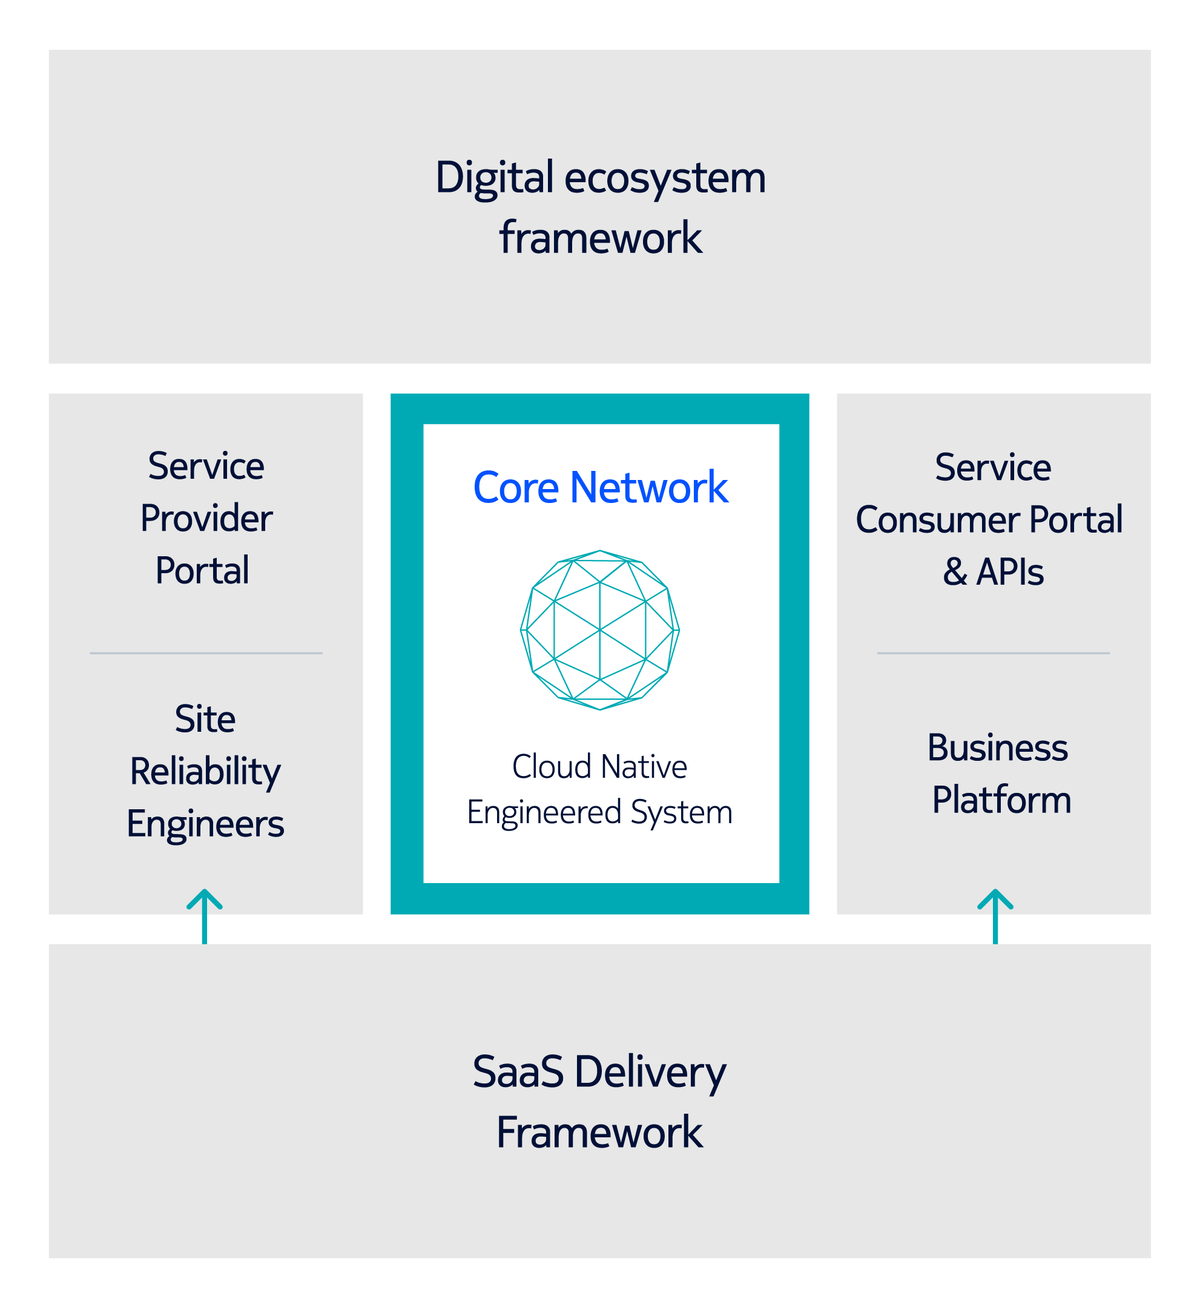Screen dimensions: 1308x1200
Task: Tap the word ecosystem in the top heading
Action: pyautogui.click(x=665, y=178)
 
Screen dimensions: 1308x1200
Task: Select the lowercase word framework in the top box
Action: pyautogui.click(x=600, y=238)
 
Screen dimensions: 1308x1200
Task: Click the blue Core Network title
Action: pyautogui.click(x=600, y=487)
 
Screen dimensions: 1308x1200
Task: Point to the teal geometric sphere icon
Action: pyautogui.click(x=600, y=629)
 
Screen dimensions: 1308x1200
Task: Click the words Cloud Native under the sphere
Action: pyautogui.click(x=599, y=767)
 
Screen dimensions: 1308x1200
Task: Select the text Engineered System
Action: pyautogui.click(x=599, y=812)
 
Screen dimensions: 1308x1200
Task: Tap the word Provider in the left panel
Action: pyautogui.click(x=206, y=519)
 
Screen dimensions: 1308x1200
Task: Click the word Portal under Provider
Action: pyautogui.click(x=202, y=571)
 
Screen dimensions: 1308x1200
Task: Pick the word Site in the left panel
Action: pyautogui.click(x=205, y=719)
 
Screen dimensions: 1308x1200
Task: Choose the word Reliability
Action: pyautogui.click(x=205, y=772)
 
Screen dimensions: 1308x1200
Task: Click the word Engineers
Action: pyautogui.click(x=205, y=824)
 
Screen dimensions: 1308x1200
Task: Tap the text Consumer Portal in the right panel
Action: pyautogui.click(x=989, y=520)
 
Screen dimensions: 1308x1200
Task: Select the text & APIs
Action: pyautogui.click(x=993, y=572)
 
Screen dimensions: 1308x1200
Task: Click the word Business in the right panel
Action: pyautogui.click(x=997, y=748)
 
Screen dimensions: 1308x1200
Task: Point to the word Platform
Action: pyautogui.click(x=1001, y=800)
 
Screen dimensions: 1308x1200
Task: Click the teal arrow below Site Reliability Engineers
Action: pyautogui.click(x=205, y=916)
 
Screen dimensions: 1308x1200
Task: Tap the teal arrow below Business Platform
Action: pyautogui.click(x=995, y=916)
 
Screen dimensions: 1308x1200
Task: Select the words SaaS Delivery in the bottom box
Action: pyautogui.click(x=599, y=1072)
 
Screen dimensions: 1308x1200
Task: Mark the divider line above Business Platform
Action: pyautogui.click(x=993, y=653)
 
